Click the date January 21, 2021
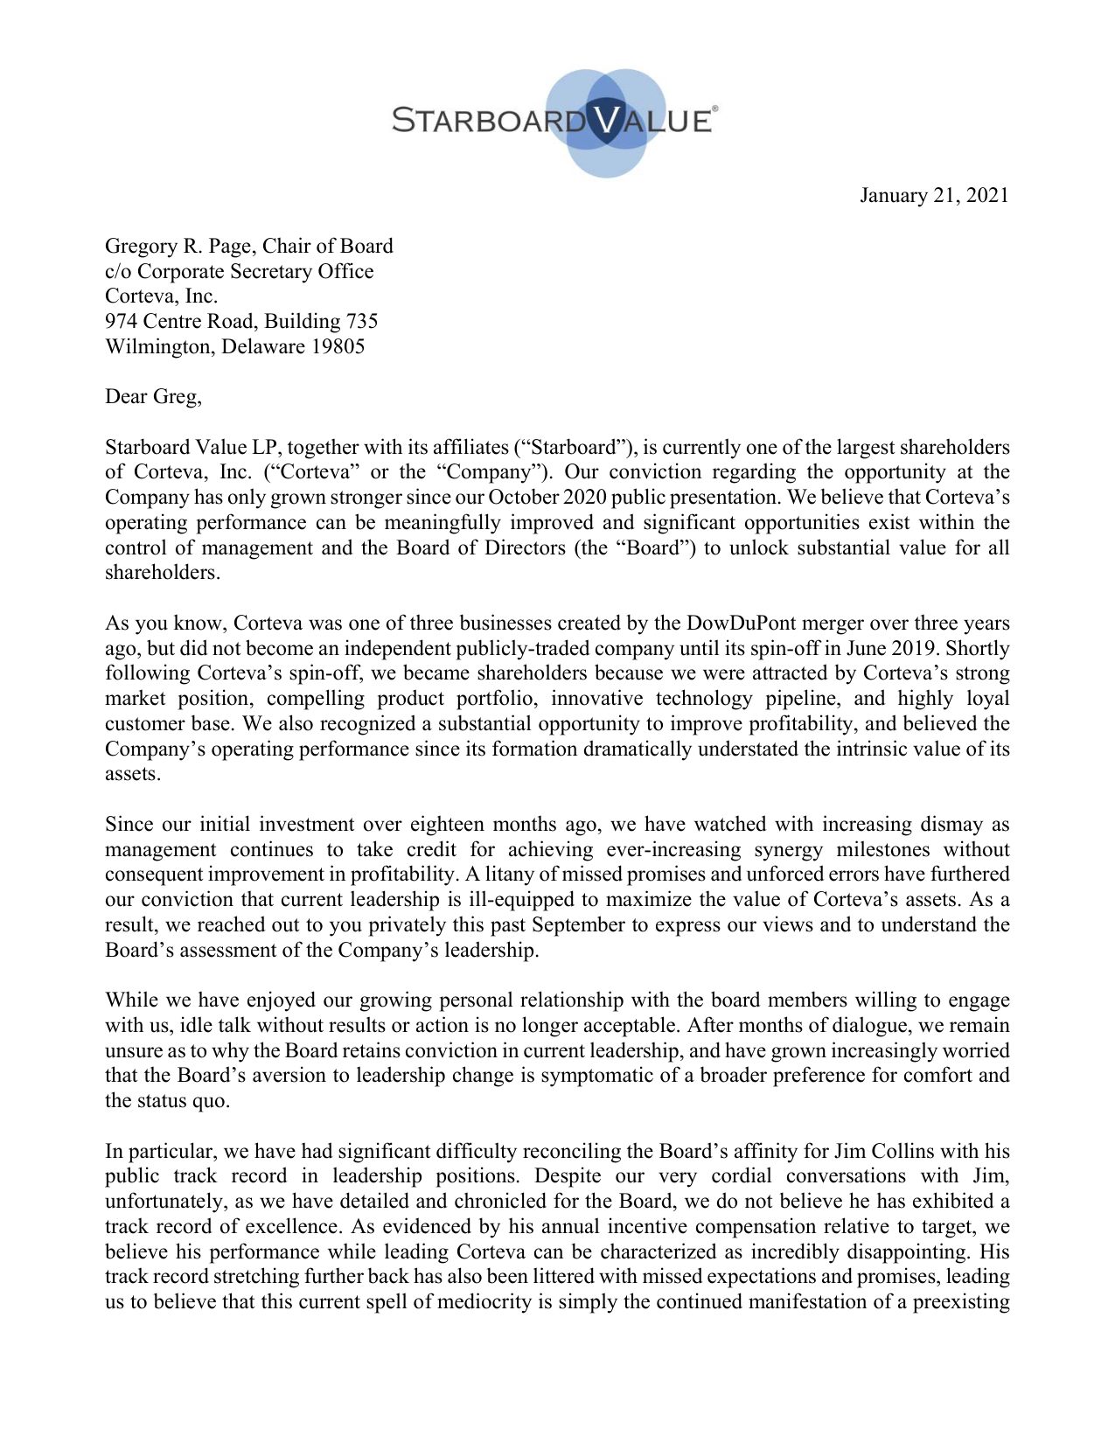[933, 195]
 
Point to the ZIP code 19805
[338, 346]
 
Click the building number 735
[361, 321]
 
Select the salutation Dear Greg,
[153, 396]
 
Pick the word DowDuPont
[740, 624]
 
